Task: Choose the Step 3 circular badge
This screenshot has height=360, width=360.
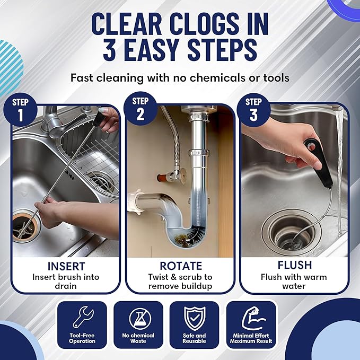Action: coord(253,109)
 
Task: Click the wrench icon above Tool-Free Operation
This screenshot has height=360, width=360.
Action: coord(82,318)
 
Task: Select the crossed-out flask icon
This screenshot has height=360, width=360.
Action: coord(138,318)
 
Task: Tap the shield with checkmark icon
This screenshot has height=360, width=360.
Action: coord(194,318)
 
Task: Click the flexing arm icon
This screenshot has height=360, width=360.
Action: coord(251,318)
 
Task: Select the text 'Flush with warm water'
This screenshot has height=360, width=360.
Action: coord(293,282)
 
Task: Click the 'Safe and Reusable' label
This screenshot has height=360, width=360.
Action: coord(194,339)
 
